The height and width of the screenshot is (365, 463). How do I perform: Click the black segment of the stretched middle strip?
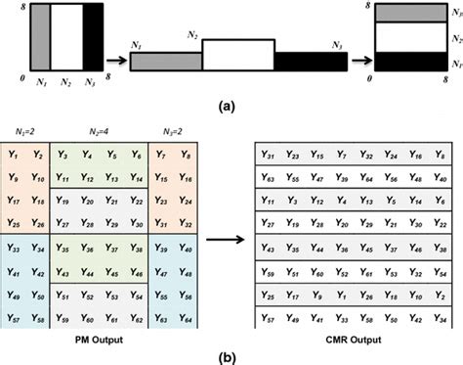tap(311, 61)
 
